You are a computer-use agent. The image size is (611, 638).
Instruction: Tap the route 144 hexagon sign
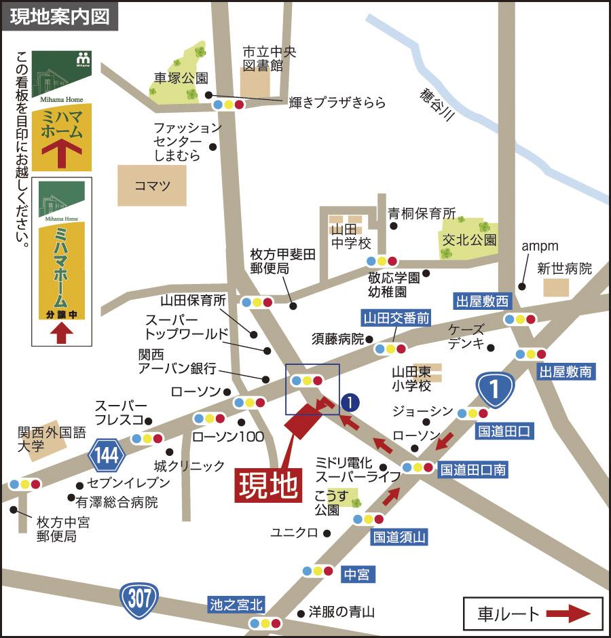pos(106,456)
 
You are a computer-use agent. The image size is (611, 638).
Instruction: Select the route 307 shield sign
pos(139,599)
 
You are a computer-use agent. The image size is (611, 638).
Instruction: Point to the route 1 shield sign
pos(495,389)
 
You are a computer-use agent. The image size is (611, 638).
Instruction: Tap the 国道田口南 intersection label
pos(473,469)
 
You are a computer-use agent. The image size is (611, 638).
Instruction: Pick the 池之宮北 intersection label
pos(236,604)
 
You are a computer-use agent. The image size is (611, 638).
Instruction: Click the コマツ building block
pos(151,185)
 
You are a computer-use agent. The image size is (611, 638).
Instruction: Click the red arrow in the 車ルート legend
pos(568,614)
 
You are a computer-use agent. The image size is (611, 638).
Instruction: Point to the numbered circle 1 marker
pos(350,402)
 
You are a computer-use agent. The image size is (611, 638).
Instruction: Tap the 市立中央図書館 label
pos(270,59)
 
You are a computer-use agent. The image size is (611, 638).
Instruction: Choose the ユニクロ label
pos(294,532)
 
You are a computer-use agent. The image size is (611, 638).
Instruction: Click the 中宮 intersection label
pos(356,575)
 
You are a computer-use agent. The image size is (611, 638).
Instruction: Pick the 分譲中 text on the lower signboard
pos(62,315)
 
